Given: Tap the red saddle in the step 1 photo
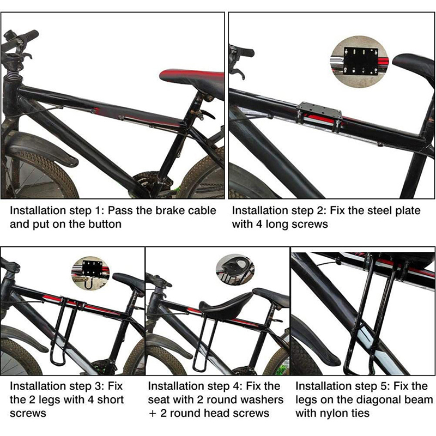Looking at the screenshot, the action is click(192, 76).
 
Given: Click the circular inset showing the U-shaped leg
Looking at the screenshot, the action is click(90, 272).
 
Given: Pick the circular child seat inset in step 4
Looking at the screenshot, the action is click(235, 269).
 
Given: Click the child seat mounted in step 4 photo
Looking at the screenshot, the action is click(227, 306).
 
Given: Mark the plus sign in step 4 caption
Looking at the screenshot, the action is click(152, 414).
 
